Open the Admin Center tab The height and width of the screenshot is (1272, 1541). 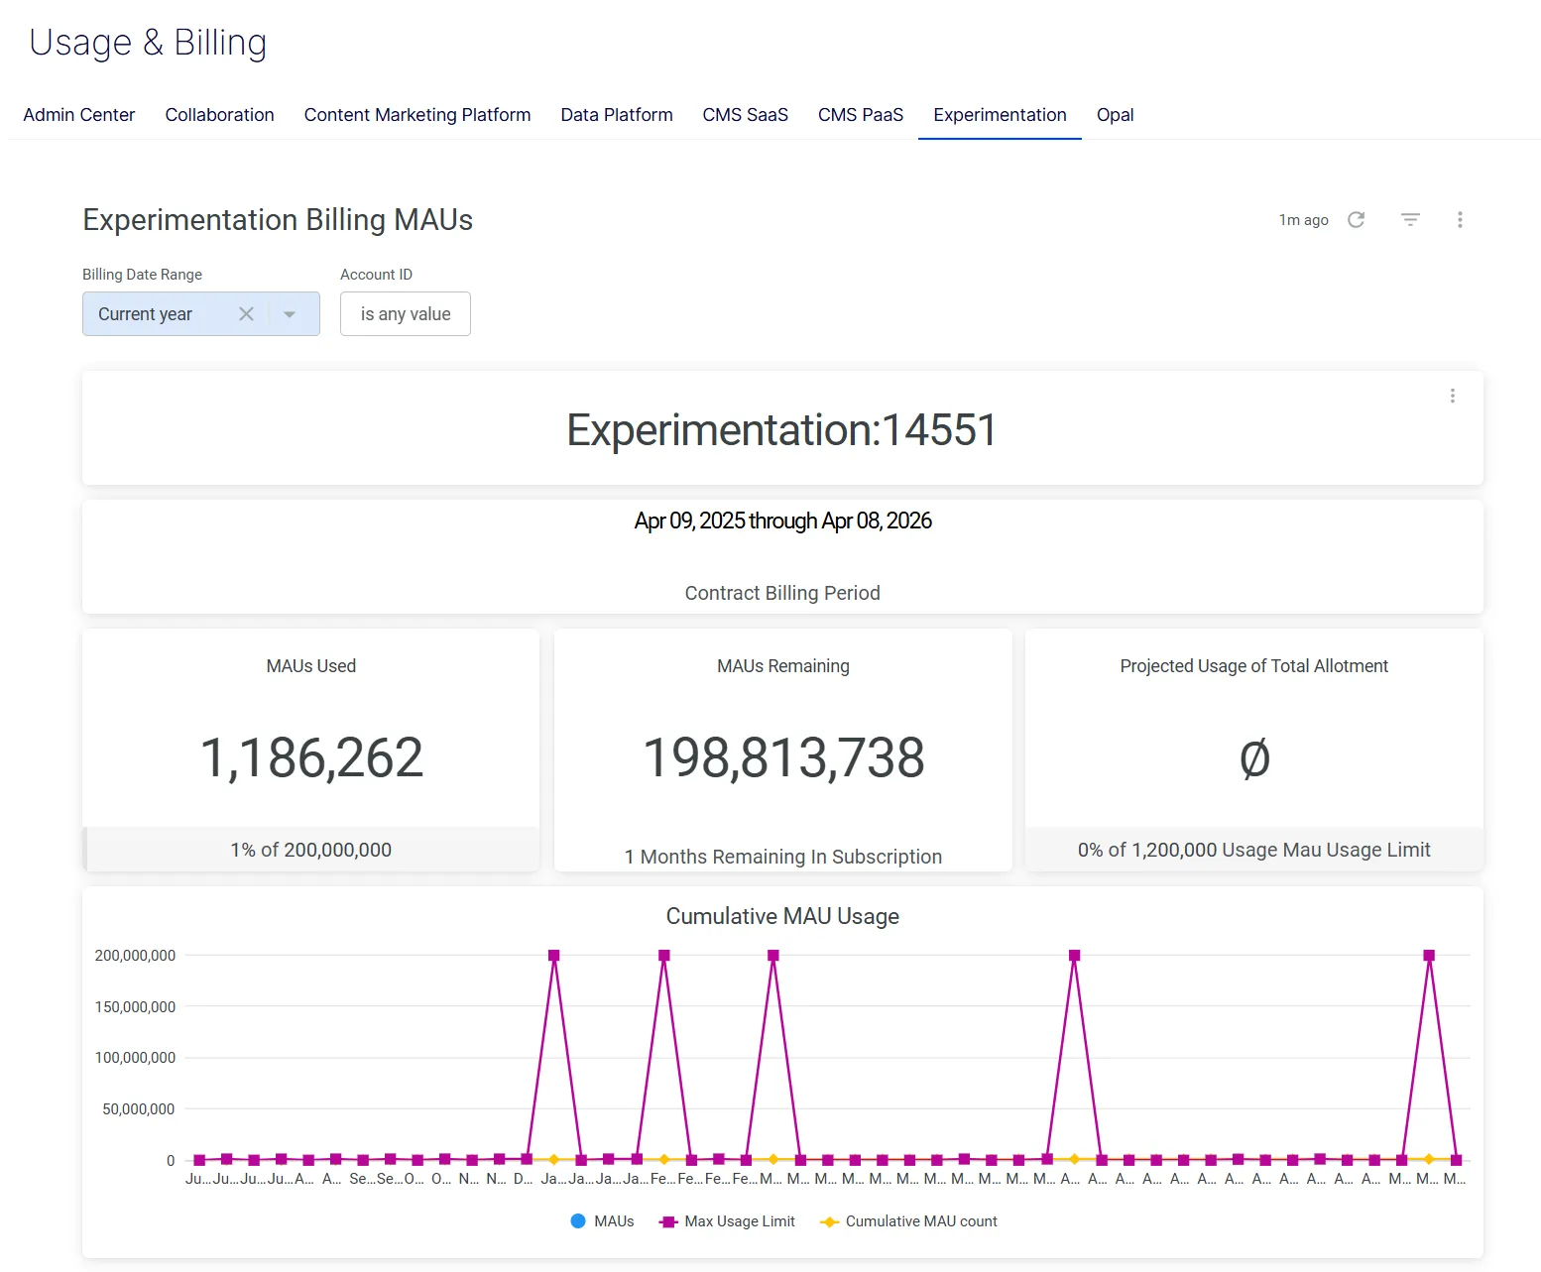79,115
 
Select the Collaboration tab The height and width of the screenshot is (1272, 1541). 219,115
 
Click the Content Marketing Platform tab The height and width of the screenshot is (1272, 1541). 417,115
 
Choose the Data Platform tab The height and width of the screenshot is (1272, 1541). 616,115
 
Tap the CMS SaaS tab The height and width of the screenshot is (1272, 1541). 745,115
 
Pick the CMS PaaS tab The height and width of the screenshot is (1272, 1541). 861,115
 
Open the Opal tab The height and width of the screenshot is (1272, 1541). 1115,115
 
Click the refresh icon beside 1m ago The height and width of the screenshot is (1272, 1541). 1356,220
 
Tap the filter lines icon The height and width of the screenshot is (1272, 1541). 1410,220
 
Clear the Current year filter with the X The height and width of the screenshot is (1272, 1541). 247,314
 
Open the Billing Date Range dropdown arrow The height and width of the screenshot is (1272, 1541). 290,315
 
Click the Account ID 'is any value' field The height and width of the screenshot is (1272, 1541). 406,314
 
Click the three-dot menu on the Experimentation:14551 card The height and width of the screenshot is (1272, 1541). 1452,397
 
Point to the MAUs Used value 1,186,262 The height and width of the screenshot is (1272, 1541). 311,757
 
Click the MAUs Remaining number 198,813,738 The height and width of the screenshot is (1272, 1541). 783,757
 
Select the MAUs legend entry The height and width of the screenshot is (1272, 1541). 602,1221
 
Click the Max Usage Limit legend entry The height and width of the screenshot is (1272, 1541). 727,1221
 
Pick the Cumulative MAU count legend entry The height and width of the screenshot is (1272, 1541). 908,1221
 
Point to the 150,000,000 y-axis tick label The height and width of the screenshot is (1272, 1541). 135,1007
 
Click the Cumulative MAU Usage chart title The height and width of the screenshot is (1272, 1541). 782,916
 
